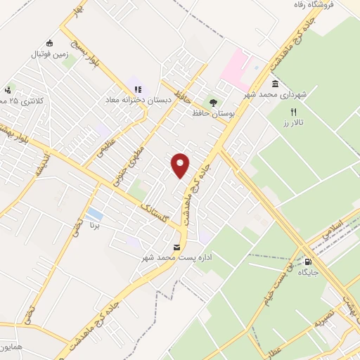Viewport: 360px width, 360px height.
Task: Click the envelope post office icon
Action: [x=176, y=247]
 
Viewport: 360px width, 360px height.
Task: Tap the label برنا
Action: [x=96, y=226]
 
